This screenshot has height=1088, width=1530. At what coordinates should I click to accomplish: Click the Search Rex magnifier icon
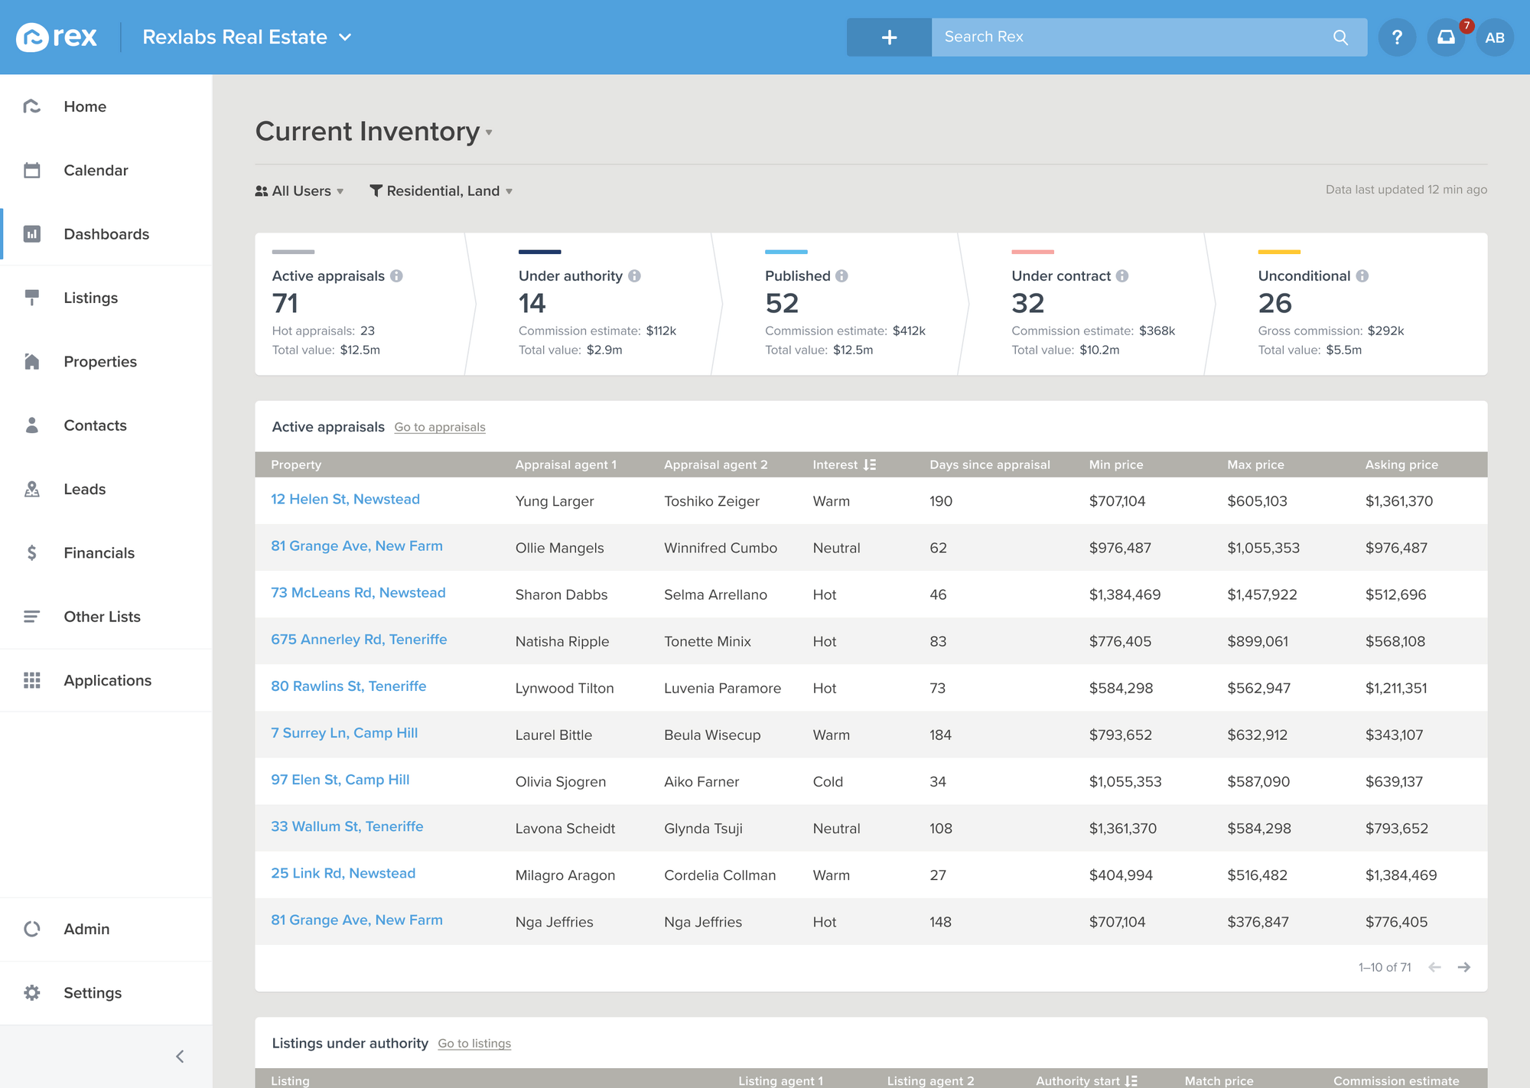point(1340,37)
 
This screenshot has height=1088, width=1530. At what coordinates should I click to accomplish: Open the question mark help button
point(1397,37)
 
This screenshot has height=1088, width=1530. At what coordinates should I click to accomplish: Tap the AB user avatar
point(1495,37)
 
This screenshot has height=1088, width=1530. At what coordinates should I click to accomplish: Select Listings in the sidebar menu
point(90,298)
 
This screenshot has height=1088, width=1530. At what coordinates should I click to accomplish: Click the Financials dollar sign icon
point(31,552)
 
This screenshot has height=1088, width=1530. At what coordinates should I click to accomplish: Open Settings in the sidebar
point(92,992)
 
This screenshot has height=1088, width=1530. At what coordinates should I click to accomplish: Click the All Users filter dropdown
point(300,191)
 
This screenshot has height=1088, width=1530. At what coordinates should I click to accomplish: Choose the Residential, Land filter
point(441,191)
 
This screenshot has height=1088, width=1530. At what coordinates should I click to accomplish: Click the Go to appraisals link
point(440,427)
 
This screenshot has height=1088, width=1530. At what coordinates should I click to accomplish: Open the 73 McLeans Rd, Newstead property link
point(358,593)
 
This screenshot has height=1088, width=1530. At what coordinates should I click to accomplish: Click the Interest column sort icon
point(870,464)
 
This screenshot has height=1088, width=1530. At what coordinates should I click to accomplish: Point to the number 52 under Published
point(782,304)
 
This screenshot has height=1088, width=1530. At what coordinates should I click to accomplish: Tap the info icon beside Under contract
point(1122,276)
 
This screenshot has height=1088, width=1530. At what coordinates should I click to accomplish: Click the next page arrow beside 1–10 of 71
point(1464,967)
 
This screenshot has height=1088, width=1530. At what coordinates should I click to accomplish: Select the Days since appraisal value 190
point(941,501)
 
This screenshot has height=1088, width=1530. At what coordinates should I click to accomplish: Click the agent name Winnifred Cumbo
point(721,548)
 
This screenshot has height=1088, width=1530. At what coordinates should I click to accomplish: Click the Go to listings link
point(474,1044)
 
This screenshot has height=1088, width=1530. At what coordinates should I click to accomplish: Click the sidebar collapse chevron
point(180,1057)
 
